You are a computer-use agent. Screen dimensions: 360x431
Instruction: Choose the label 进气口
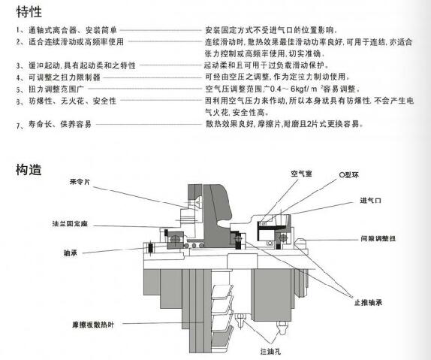pos(372,201)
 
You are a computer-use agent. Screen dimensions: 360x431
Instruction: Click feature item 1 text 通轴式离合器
pos(66,29)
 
